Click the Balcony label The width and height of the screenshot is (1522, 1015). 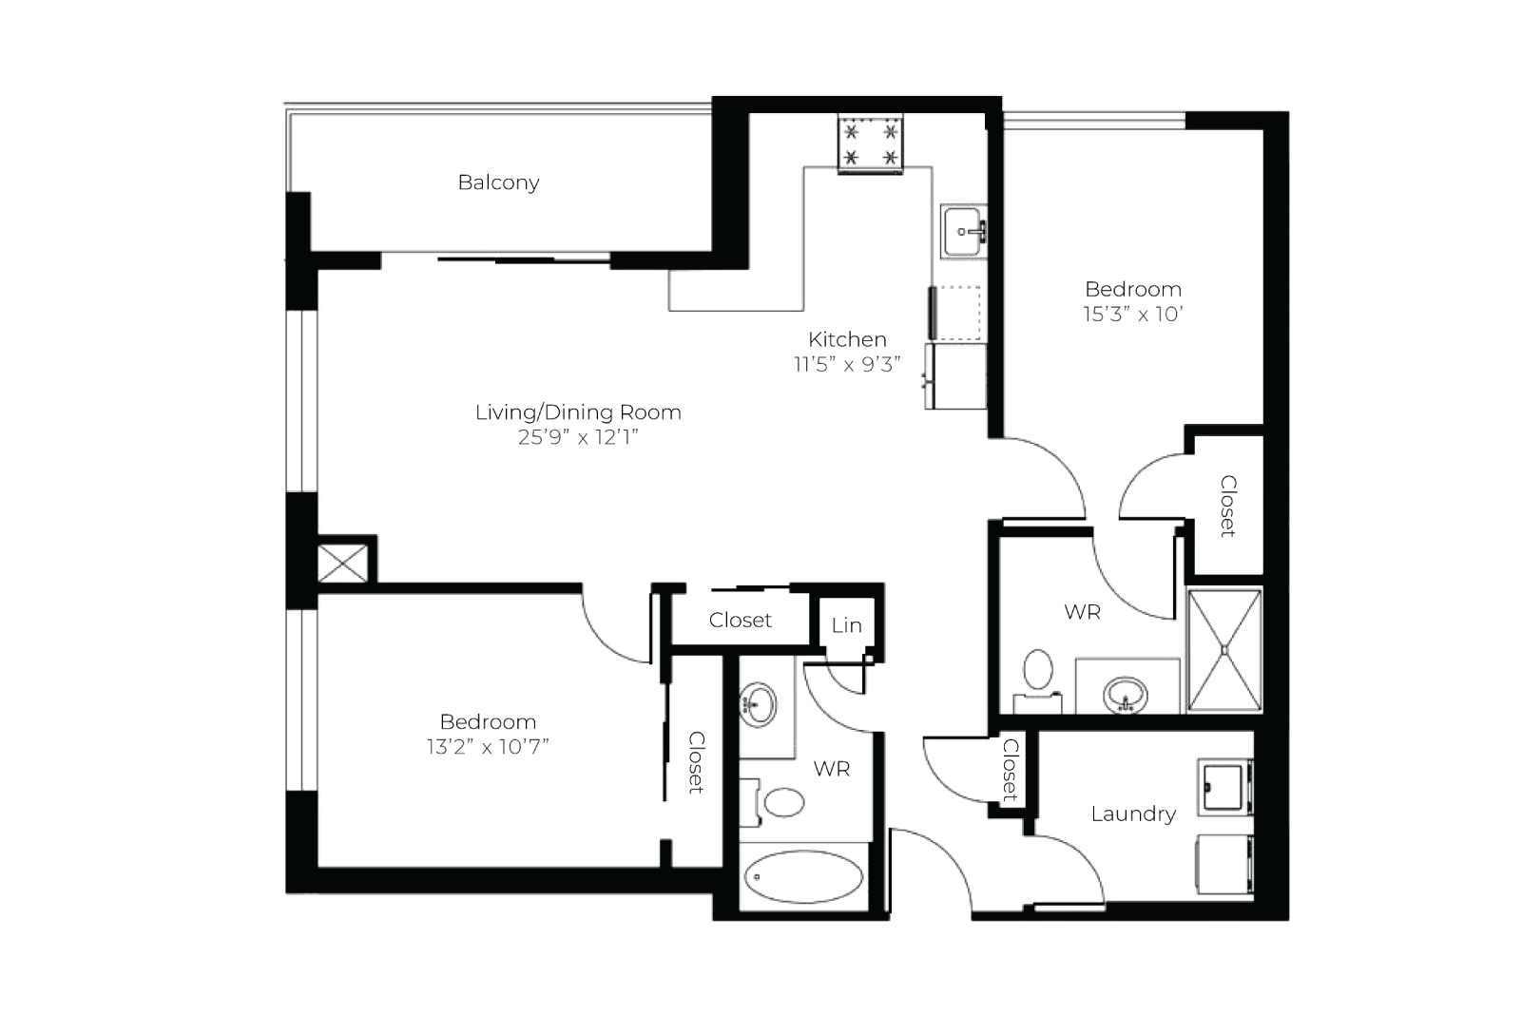[499, 182]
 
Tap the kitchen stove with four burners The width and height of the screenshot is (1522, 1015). [871, 144]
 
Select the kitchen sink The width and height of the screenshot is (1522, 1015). [963, 232]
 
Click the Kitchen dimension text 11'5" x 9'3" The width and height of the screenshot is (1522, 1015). [847, 365]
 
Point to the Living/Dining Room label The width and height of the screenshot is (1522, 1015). [578, 412]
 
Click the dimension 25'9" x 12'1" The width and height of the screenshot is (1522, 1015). [578, 437]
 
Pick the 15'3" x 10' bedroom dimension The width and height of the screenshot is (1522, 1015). [1133, 315]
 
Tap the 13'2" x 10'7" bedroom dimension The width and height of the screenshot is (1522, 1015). [488, 747]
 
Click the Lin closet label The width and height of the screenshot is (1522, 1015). [847, 625]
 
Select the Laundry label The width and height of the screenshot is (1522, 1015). [1133, 814]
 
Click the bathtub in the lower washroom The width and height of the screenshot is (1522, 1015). [804, 876]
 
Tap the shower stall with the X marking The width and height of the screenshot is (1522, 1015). [1224, 650]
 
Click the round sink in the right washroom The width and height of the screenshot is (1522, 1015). [1126, 695]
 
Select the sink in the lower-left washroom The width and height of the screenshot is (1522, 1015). [758, 704]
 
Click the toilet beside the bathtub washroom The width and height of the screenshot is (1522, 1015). [775, 802]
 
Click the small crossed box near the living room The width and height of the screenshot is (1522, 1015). [342, 564]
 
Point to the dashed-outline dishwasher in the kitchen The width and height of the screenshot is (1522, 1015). [955, 314]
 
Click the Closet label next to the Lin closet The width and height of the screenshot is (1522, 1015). [740, 621]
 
